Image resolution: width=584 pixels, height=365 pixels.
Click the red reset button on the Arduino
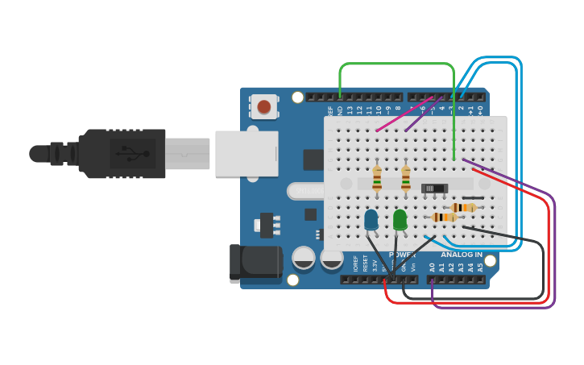264,106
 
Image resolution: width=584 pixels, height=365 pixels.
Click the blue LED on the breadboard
371,219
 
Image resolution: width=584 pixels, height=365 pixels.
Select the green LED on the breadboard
400,219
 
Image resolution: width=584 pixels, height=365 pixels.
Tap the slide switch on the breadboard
435,189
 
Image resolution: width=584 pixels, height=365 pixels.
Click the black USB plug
121,153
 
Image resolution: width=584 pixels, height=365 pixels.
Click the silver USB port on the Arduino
246,153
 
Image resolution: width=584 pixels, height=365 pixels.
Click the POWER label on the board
402,255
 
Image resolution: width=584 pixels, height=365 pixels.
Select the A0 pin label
432,266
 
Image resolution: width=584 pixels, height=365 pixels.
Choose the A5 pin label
481,266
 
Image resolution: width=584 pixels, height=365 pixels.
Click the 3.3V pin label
375,264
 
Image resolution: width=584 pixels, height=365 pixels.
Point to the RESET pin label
365,263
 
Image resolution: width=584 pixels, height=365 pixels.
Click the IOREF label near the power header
355,263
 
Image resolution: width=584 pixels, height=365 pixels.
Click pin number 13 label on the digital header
350,108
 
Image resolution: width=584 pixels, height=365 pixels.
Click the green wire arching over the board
395,64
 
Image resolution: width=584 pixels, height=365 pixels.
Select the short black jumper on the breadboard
474,198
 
